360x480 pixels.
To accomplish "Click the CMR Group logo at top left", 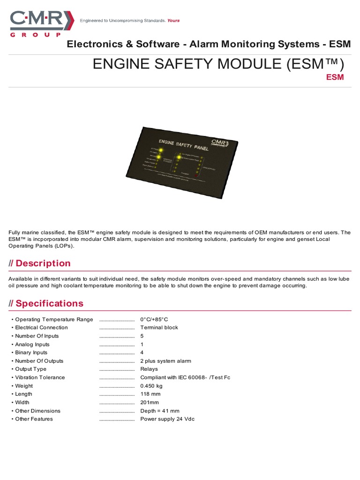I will click(x=42, y=23).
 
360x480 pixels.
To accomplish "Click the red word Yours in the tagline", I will click(x=173, y=21).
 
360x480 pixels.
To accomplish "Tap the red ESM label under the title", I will click(x=335, y=77).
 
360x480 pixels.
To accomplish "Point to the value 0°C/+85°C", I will click(x=154, y=319).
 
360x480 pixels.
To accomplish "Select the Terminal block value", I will click(x=159, y=328).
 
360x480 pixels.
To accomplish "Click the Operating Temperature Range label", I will click(x=54, y=319).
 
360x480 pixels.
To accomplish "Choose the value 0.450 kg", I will click(x=151, y=386).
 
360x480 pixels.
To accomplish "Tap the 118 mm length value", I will click(x=150, y=394).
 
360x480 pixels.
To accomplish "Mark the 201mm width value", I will click(x=150, y=402).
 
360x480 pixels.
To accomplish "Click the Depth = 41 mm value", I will click(x=159, y=411).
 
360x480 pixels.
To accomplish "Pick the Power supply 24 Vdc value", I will click(x=167, y=419).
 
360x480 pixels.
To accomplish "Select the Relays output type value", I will click(x=149, y=369).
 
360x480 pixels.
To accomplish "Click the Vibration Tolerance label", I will click(x=40, y=377).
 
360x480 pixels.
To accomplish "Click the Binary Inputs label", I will click(x=31, y=352).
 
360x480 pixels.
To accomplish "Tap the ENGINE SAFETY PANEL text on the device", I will click(x=185, y=144).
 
